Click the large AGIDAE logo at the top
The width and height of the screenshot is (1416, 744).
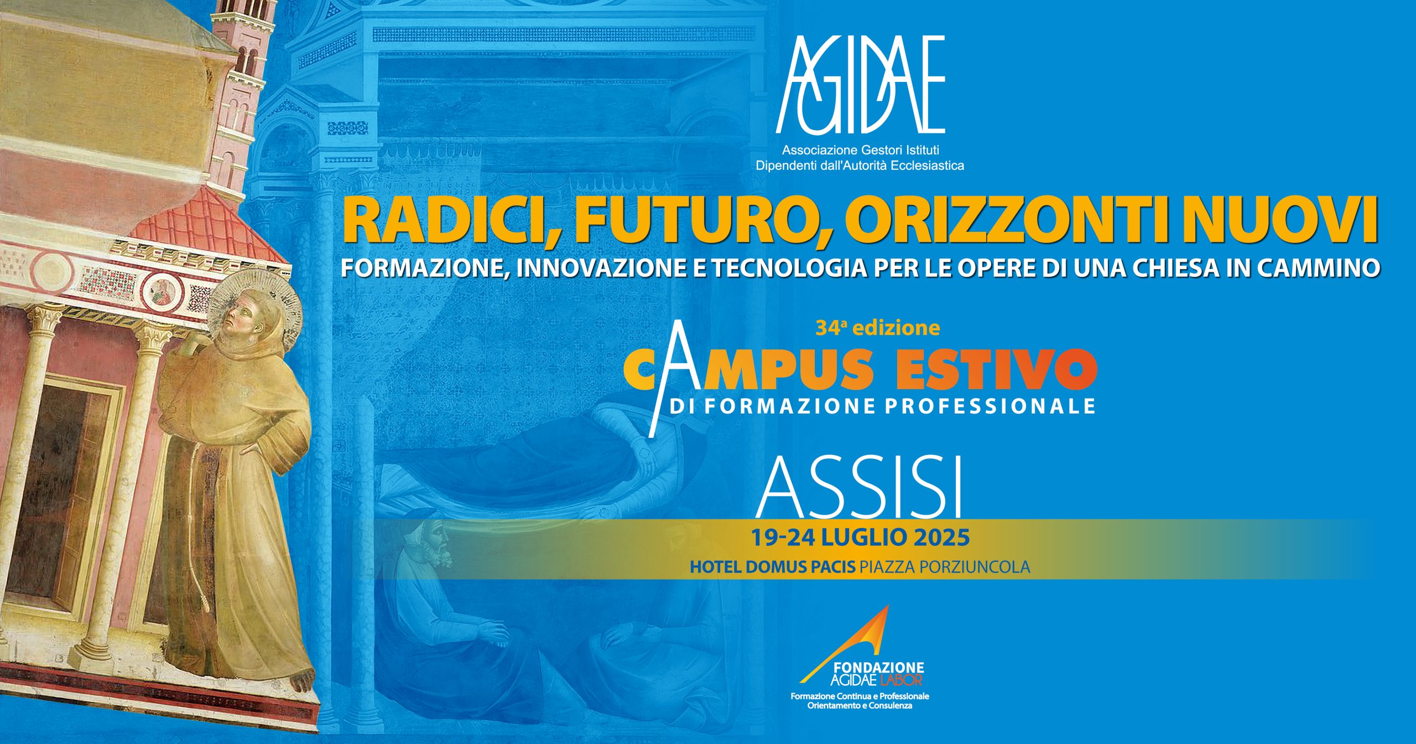coord(860,84)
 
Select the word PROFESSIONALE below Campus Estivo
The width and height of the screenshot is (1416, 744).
coord(990,406)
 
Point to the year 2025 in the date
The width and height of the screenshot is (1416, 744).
coord(940,537)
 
